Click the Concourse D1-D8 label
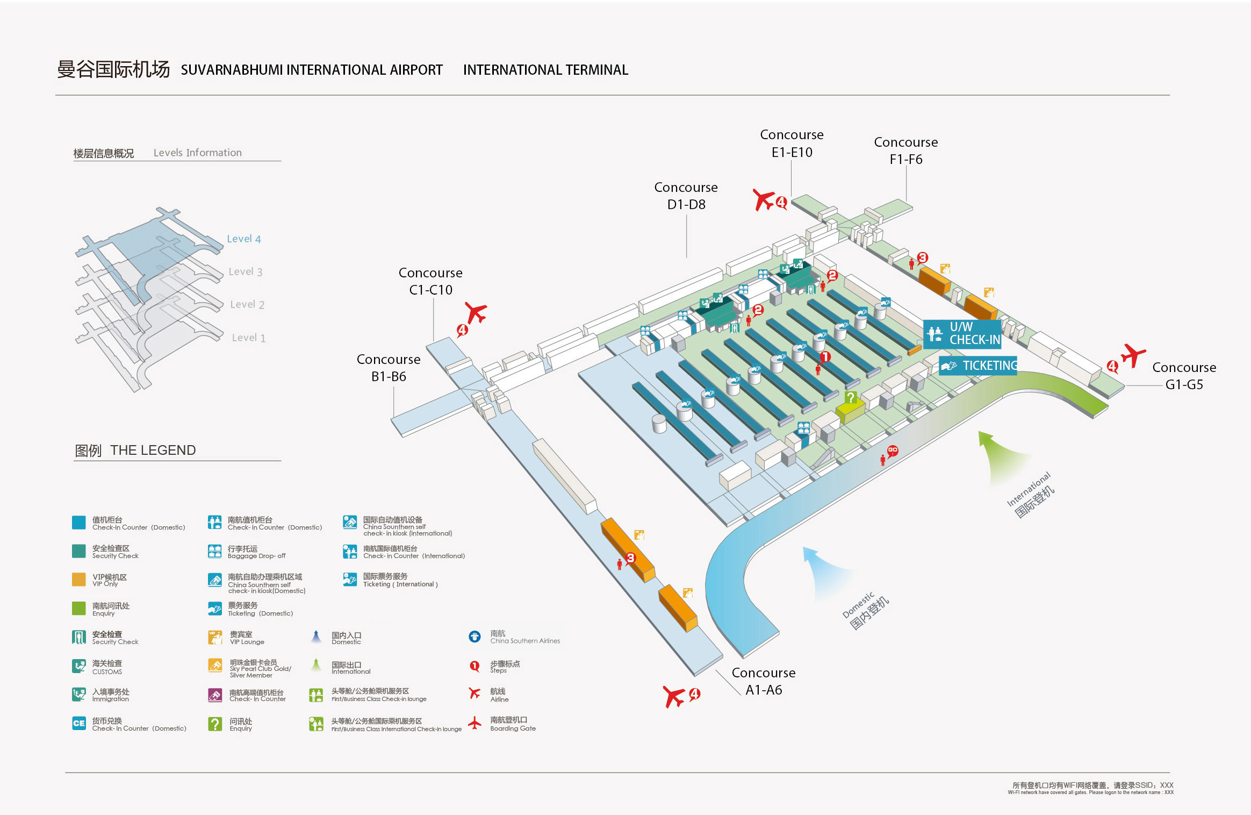(686, 196)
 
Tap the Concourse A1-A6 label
(763, 681)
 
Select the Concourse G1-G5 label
(1184, 376)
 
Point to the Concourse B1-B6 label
(389, 368)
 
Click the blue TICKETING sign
(978, 366)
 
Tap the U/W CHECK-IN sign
(962, 334)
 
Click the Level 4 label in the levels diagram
(243, 239)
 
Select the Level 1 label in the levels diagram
(248, 338)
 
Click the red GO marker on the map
(893, 451)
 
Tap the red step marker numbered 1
(825, 357)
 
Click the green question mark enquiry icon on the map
(851, 398)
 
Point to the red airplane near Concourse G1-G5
(1133, 355)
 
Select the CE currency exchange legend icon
(79, 723)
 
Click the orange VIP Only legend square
(79, 579)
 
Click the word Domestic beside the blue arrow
(858, 606)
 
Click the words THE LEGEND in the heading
(153, 450)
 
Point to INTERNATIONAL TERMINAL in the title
(545, 70)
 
